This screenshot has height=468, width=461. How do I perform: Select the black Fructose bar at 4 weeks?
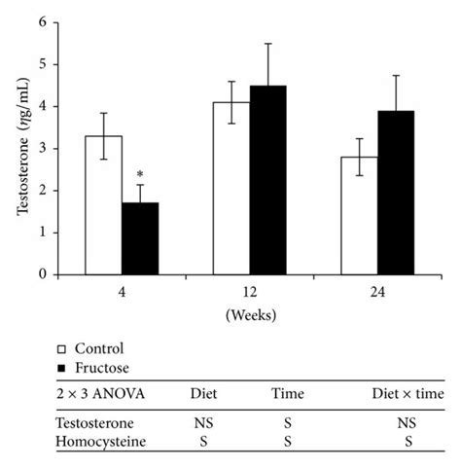click(x=138, y=238)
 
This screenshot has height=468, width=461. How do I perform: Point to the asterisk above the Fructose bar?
click(x=138, y=177)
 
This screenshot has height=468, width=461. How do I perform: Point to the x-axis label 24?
click(x=379, y=293)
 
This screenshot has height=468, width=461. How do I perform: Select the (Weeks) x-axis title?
click(x=251, y=315)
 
